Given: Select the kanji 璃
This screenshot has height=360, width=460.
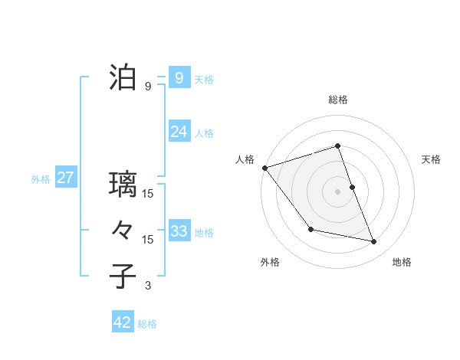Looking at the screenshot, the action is tap(123, 185).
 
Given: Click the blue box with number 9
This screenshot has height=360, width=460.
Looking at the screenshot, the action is tap(179, 77).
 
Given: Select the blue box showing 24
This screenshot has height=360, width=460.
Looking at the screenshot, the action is tap(179, 132).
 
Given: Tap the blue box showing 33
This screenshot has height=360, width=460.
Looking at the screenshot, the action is tap(179, 231).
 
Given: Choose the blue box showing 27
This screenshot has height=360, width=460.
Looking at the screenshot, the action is tap(65, 178).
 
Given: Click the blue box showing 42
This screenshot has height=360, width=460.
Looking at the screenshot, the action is tap(123, 322).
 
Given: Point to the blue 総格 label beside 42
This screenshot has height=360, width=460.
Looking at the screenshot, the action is tap(147, 324).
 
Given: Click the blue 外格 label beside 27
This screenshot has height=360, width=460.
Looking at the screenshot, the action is tap(41, 179).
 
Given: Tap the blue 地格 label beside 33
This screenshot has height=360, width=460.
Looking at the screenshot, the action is tap(204, 232).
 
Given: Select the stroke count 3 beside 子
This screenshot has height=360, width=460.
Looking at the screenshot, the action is tap(148, 286).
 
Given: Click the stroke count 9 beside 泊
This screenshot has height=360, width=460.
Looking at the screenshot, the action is tap(148, 86).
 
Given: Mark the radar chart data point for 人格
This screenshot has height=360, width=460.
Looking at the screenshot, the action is tap(264, 168).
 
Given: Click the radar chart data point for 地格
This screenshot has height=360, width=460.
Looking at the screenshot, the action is tap(374, 242).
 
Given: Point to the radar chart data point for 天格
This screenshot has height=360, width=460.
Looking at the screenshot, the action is tap(352, 187).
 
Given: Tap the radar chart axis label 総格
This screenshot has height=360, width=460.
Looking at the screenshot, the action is tap(338, 100).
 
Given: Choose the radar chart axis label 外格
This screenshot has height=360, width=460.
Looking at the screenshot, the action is tap(270, 262).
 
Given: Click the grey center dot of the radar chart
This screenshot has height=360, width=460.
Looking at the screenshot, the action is tap(338, 191).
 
